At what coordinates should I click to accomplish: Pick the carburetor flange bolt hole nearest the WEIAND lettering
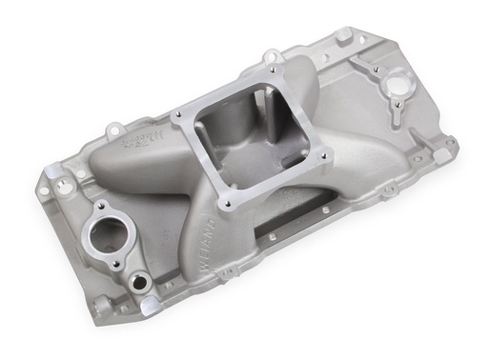pos(227,202)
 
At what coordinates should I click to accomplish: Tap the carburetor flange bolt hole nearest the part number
pos(180,117)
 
